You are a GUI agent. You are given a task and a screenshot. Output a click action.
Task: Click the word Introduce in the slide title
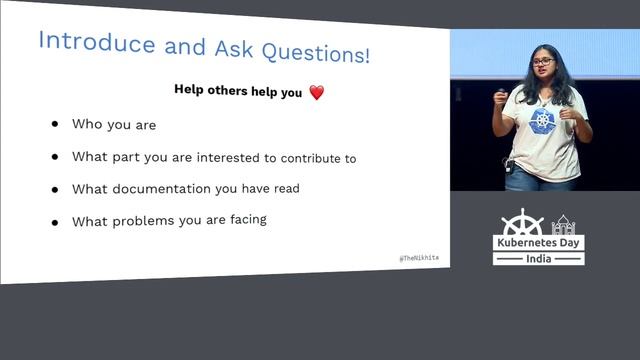pyautogui.click(x=96, y=42)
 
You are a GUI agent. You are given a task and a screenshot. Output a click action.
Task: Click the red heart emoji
pyautogui.click(x=316, y=92)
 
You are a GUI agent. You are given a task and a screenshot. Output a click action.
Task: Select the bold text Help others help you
pyautogui.click(x=238, y=89)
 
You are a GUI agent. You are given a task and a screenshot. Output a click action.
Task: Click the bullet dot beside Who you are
pyautogui.click(x=55, y=125)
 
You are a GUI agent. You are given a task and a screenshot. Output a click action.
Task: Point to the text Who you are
pyautogui.click(x=113, y=125)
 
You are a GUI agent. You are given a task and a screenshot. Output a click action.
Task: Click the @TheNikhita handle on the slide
pyautogui.click(x=418, y=258)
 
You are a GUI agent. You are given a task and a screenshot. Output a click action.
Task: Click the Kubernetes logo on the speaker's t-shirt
pyautogui.click(x=543, y=121)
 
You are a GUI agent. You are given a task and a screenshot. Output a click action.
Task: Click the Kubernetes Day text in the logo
pyautogui.click(x=538, y=244)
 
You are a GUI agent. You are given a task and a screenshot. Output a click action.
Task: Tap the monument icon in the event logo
pyautogui.click(x=563, y=224)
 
